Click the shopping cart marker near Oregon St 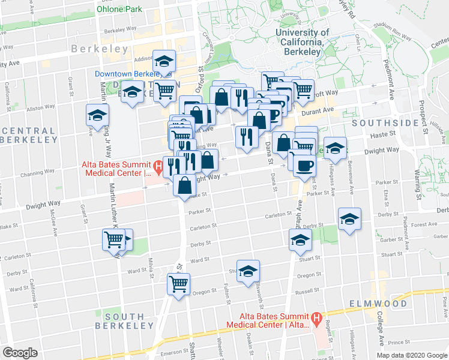pos(179,283)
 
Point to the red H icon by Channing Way pos(158,166)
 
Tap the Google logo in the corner pos(20,353)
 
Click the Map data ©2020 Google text pos(411,355)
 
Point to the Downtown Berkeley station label pos(124,74)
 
